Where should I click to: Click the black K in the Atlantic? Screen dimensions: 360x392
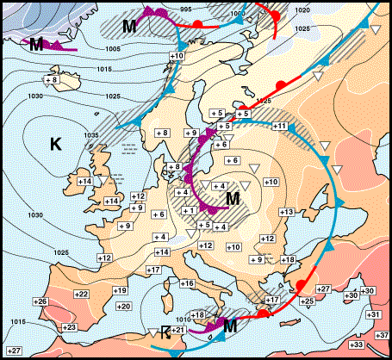pos(56,145)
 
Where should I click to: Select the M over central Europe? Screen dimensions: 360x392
pos(231,199)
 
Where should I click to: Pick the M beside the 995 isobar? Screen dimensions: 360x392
pos(128,26)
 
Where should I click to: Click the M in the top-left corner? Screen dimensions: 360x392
pos(36,43)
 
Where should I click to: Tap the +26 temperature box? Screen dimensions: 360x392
pos(40,301)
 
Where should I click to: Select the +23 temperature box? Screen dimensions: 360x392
pos(46,327)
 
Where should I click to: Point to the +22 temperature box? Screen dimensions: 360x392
pos(81,295)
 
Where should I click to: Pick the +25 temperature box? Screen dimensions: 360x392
pos(307,300)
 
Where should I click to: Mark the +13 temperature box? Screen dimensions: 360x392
pos(286,212)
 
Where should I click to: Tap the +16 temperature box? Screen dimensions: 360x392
pos(186,283)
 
